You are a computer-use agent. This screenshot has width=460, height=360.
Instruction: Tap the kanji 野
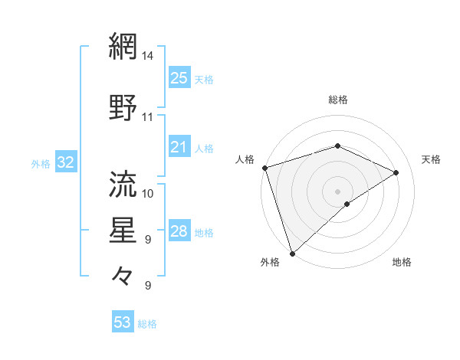(123, 108)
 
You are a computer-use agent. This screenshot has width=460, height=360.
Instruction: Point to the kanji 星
(123, 231)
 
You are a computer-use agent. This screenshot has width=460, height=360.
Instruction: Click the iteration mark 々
(123, 275)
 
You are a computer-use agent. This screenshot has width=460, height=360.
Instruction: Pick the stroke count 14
(148, 56)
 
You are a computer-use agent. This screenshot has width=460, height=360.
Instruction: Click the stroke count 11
(148, 117)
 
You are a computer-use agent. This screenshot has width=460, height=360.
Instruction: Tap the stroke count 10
(148, 193)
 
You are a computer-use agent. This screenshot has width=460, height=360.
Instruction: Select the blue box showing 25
(179, 77)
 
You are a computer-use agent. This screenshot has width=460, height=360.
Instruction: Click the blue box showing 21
(179, 147)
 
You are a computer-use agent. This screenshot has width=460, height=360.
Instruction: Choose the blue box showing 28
(179, 231)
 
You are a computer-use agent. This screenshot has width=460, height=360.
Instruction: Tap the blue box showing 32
(65, 162)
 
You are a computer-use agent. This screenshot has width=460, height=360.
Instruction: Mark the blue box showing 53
(123, 322)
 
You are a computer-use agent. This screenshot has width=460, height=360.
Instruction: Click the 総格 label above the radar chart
(338, 100)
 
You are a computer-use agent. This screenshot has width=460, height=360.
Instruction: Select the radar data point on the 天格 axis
(396, 172)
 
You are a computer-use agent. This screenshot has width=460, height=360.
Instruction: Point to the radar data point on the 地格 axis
(347, 204)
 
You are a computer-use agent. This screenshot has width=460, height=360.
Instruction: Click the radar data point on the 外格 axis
(292, 253)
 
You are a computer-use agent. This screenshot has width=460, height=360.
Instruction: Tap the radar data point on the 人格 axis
(264, 168)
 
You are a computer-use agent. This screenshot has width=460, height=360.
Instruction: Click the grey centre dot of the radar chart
(337, 191)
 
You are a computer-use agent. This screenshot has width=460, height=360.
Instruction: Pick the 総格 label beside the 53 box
(147, 324)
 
